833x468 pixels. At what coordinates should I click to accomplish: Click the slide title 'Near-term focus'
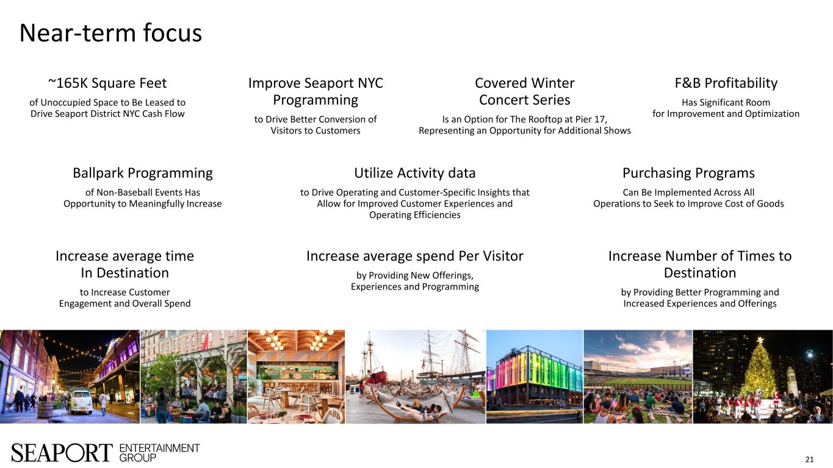(x=110, y=34)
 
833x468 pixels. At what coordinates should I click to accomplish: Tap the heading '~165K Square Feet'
(x=107, y=83)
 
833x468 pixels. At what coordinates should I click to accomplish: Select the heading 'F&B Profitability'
(x=726, y=83)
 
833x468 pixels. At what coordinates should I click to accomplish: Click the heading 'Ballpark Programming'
(x=142, y=174)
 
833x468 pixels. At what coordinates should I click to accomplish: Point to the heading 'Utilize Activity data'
(x=414, y=174)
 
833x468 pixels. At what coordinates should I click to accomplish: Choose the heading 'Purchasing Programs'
(x=688, y=174)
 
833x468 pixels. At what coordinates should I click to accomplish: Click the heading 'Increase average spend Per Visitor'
(x=414, y=257)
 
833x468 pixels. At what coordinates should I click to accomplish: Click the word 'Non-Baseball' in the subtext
(x=123, y=193)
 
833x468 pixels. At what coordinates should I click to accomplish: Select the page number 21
(x=809, y=459)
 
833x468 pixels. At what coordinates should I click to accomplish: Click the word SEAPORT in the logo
(x=62, y=453)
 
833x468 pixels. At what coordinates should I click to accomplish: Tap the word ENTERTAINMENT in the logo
(x=159, y=448)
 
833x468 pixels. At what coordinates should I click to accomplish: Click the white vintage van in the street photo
(x=81, y=401)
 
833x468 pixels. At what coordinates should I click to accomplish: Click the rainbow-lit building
(x=535, y=375)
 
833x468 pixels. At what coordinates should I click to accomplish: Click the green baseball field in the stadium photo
(x=638, y=381)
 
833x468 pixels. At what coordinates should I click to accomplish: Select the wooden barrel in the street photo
(x=45, y=411)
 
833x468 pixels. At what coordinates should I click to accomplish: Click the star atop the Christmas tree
(x=760, y=340)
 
